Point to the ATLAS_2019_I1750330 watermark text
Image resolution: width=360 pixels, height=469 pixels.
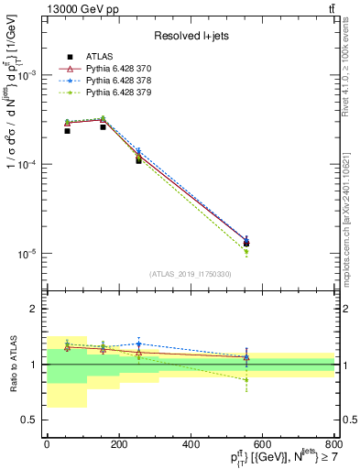(191, 274)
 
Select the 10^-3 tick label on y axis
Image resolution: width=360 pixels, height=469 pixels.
(27, 75)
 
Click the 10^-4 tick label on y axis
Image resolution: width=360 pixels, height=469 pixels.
(27, 164)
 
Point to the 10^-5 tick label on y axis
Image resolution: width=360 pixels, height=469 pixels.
(27, 253)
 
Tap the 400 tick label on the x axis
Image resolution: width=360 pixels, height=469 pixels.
(191, 446)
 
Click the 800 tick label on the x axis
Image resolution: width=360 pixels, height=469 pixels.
(333, 446)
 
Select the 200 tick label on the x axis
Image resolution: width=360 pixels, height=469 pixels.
(119, 446)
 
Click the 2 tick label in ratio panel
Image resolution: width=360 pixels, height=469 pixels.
(34, 310)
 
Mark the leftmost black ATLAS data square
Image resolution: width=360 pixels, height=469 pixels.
(67, 131)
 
